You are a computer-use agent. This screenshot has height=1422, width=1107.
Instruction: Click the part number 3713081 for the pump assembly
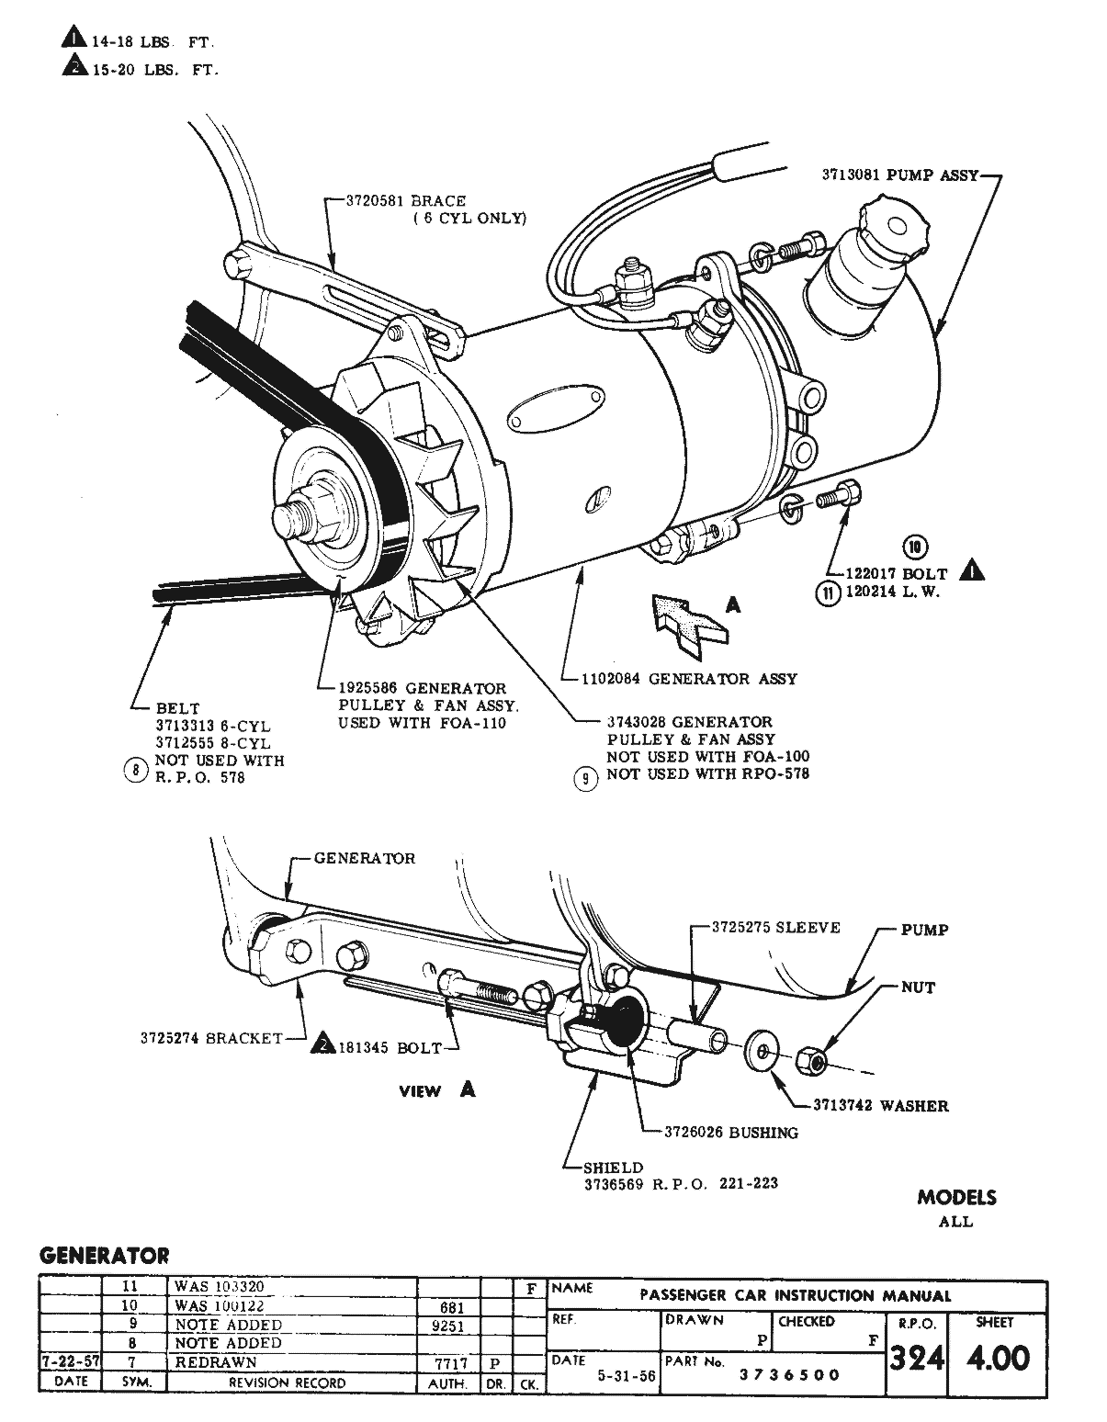pos(851,175)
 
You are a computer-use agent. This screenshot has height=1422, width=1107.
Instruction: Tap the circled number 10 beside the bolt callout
pos(915,547)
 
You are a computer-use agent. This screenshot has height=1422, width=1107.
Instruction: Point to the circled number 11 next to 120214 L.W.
pos(829,592)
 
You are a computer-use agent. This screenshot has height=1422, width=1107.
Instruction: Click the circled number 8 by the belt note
pos(135,770)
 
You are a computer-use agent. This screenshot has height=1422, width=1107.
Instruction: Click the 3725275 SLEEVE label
pos(776,927)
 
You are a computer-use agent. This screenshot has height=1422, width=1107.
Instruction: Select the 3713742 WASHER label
pos(880,1105)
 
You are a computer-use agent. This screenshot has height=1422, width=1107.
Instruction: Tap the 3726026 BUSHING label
pos(731,1132)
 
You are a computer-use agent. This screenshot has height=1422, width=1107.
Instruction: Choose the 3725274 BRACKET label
pos(211,1038)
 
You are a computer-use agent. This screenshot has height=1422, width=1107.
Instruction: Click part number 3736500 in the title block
pos(790,1375)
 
